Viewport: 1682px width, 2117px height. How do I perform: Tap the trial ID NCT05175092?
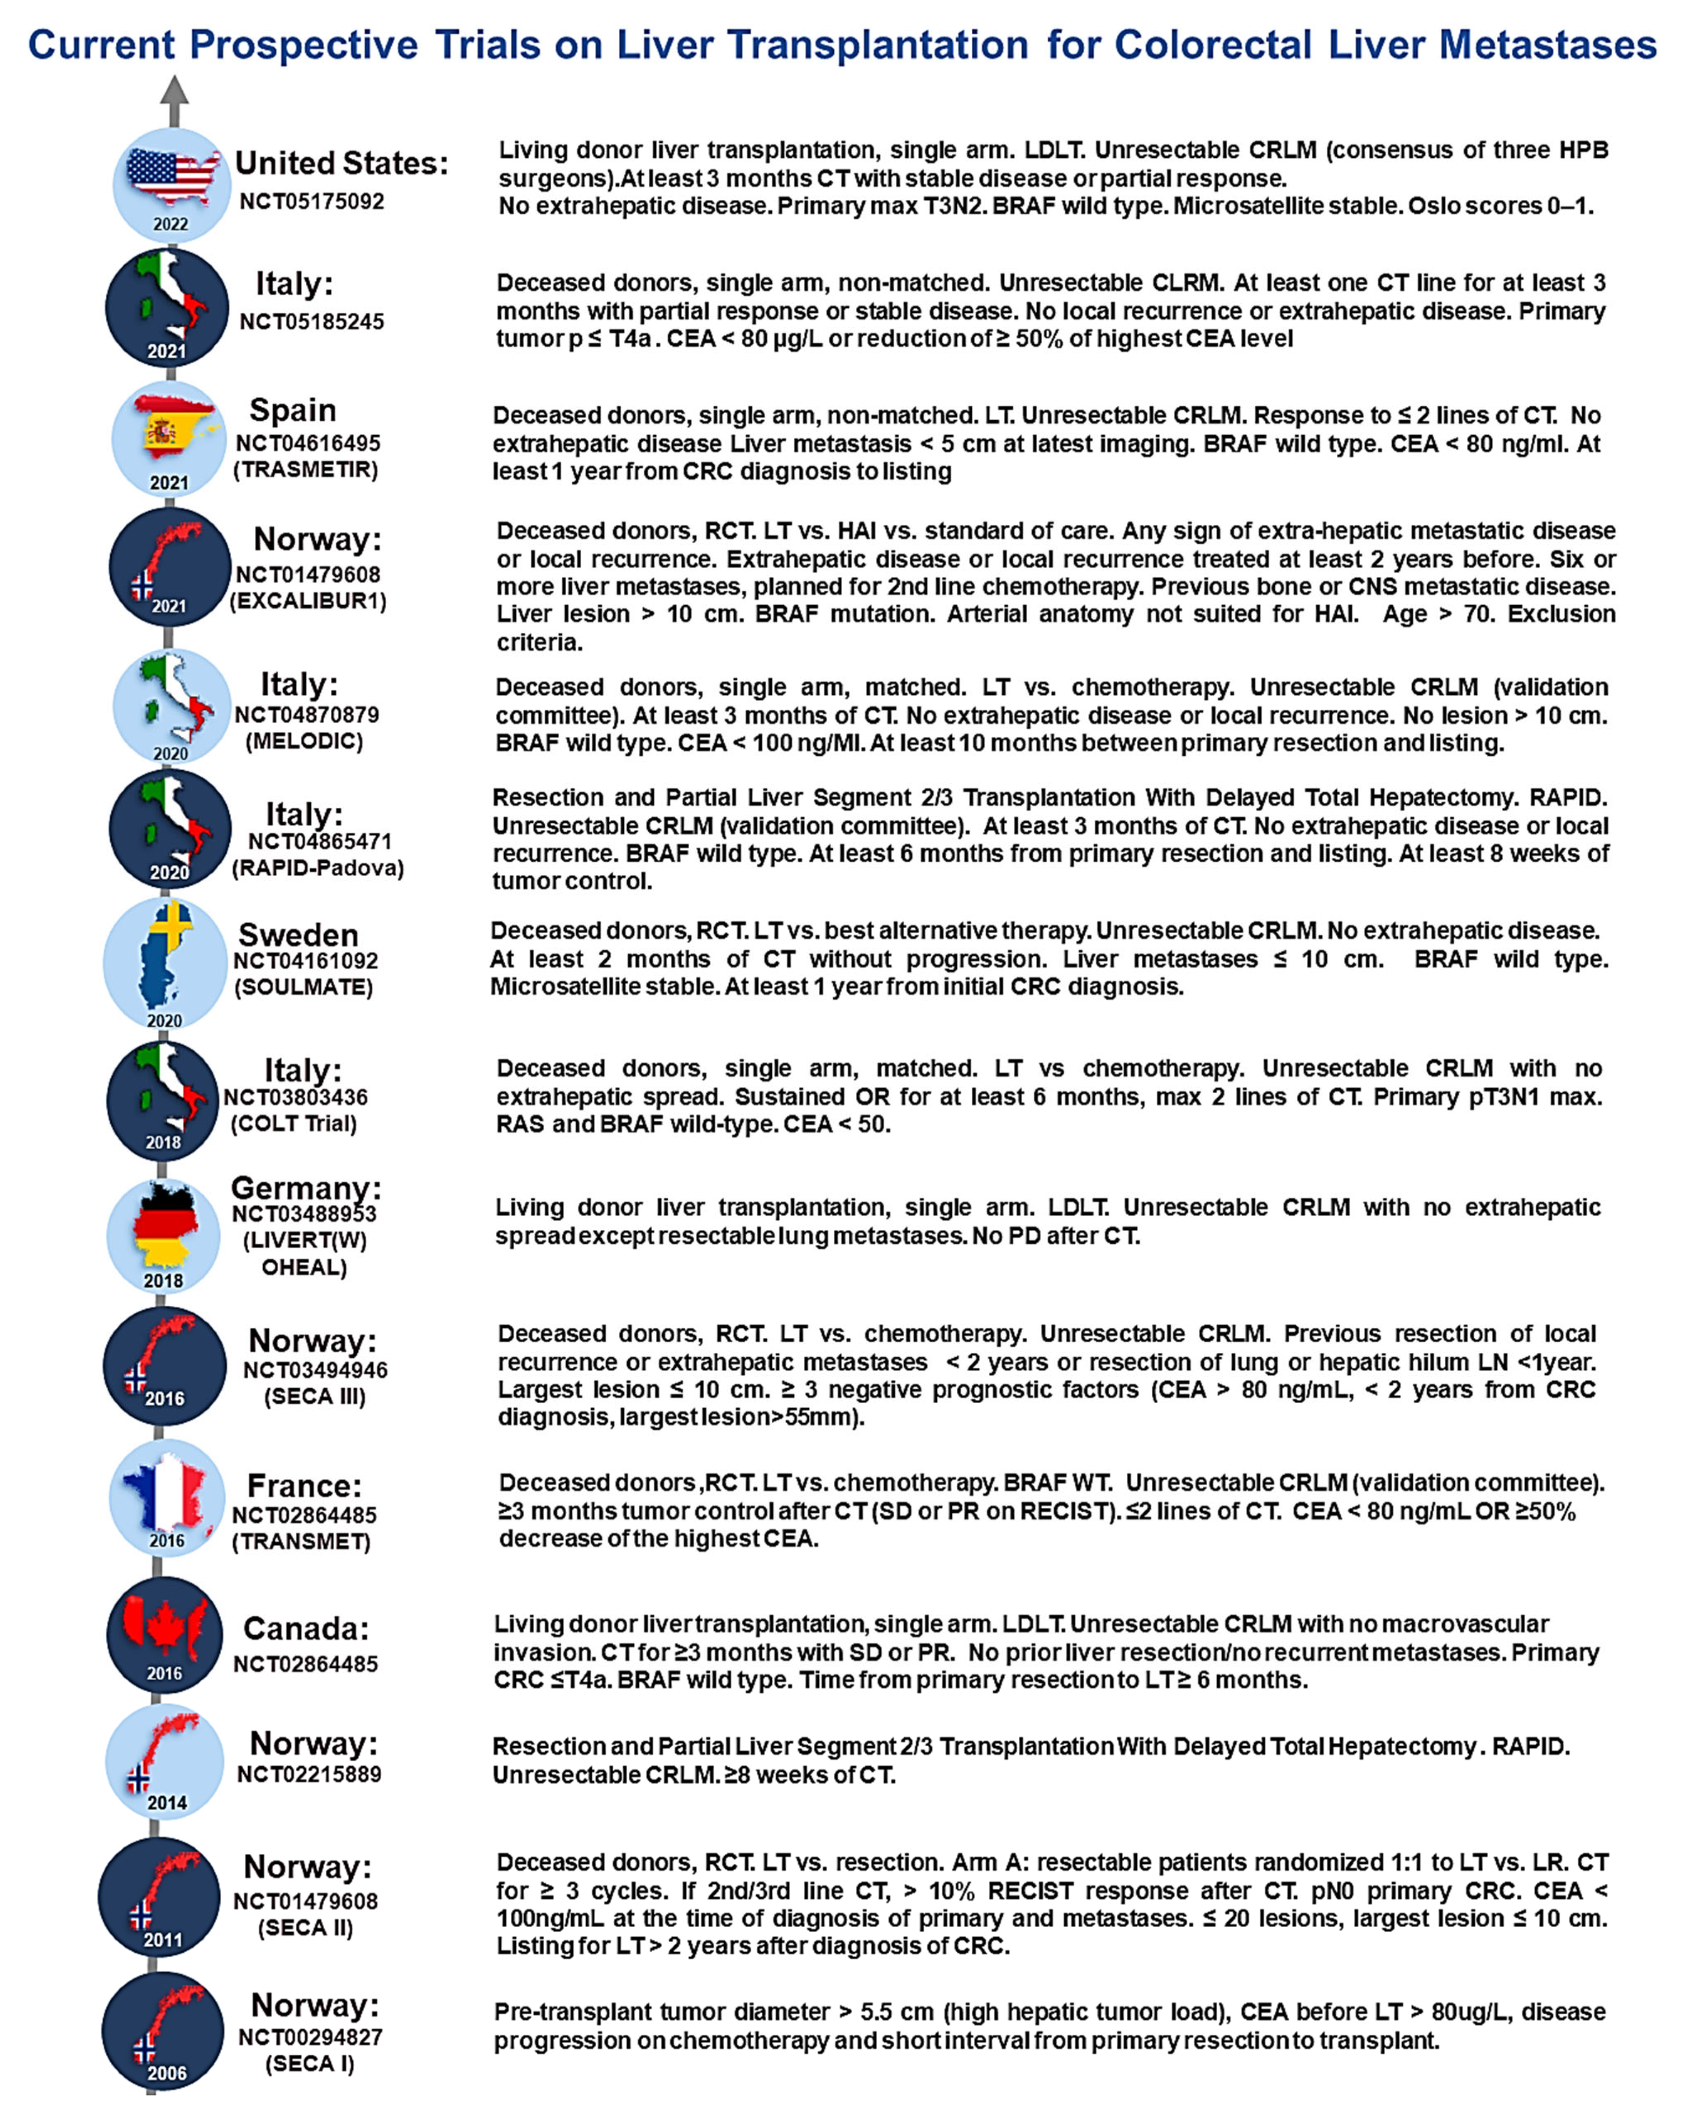tap(311, 201)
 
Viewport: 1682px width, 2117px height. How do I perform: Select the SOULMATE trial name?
tap(304, 987)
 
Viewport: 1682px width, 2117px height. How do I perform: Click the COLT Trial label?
tap(293, 1124)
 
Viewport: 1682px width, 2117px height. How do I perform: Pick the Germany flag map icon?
tap(165, 1225)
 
